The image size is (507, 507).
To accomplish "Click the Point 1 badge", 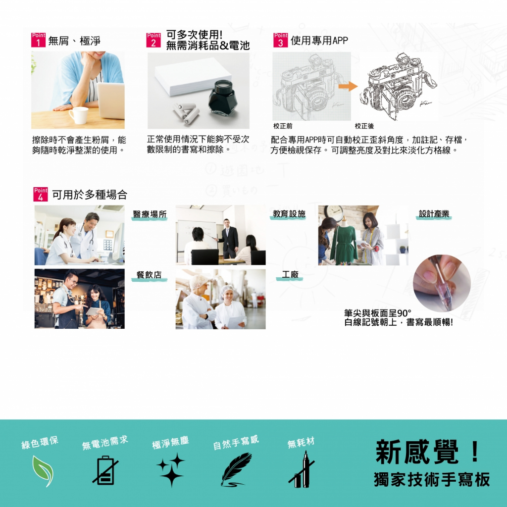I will click(x=38, y=40).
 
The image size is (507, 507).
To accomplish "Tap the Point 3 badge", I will click(x=280, y=40).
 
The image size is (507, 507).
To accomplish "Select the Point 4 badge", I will click(x=41, y=194).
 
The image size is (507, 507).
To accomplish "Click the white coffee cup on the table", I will click(x=78, y=115).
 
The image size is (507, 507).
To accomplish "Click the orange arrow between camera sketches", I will click(x=348, y=87).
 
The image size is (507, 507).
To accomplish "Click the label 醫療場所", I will click(x=149, y=214).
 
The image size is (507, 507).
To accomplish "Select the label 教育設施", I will click(x=289, y=214).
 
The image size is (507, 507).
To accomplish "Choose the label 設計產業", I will click(x=434, y=214).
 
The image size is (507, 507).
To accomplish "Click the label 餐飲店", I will click(x=149, y=275).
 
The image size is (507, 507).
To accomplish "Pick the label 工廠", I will click(x=290, y=275).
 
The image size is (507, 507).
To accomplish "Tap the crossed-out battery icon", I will click(x=105, y=470).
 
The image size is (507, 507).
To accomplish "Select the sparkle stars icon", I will click(x=171, y=469).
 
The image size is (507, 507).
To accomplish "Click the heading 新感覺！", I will click(x=428, y=452).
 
